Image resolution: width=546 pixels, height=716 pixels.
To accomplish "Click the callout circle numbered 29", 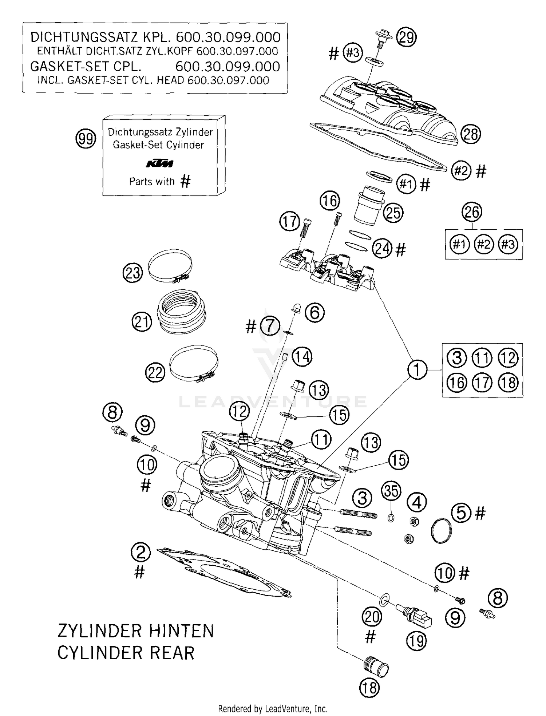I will coord(406,37).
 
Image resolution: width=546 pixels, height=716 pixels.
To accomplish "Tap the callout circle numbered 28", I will coord(471,134).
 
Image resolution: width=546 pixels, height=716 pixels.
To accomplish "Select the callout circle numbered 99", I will coord(86,139).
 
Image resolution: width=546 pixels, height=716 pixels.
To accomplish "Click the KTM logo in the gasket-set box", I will coord(159,164).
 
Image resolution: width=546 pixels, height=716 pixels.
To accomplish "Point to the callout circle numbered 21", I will coord(142,322).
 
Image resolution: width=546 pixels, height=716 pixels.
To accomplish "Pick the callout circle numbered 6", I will coord(314,312).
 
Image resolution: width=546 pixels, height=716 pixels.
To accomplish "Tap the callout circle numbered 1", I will coord(417,369).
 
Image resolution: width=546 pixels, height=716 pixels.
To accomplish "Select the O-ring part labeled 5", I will coord(441,531).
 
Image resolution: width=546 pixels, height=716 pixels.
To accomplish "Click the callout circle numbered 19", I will coord(416,640).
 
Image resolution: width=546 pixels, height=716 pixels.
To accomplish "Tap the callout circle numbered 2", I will coord(141,553).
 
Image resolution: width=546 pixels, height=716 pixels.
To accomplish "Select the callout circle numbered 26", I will coord(472,212).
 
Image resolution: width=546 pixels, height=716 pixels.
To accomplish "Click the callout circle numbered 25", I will coord(393,213).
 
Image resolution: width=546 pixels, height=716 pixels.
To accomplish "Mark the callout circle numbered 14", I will coord(302,357).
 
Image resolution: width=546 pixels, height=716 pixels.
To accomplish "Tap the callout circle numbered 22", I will coord(155,373).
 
